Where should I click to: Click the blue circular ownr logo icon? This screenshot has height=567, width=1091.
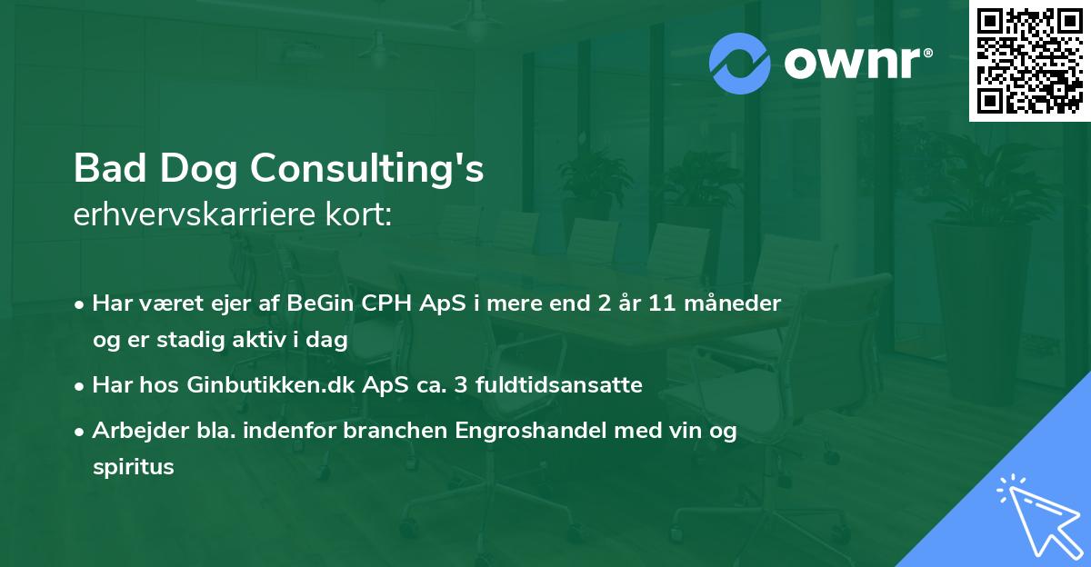pos(738,64)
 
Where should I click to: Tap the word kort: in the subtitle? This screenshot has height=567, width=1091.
pos(363,215)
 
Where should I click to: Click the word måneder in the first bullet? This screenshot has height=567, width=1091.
pos(737,303)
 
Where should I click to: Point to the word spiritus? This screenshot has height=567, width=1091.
pos(133,467)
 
